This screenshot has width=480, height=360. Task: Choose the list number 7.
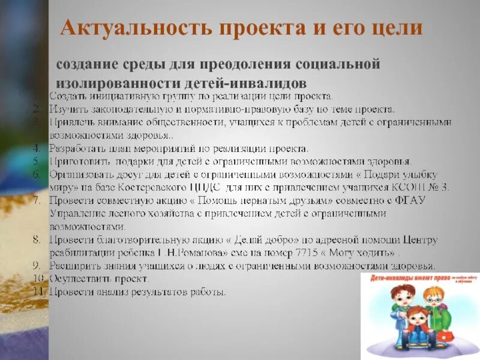tap(37, 200)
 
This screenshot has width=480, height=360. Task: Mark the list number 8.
tap(37, 239)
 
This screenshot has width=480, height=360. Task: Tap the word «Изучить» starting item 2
tap(68, 109)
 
